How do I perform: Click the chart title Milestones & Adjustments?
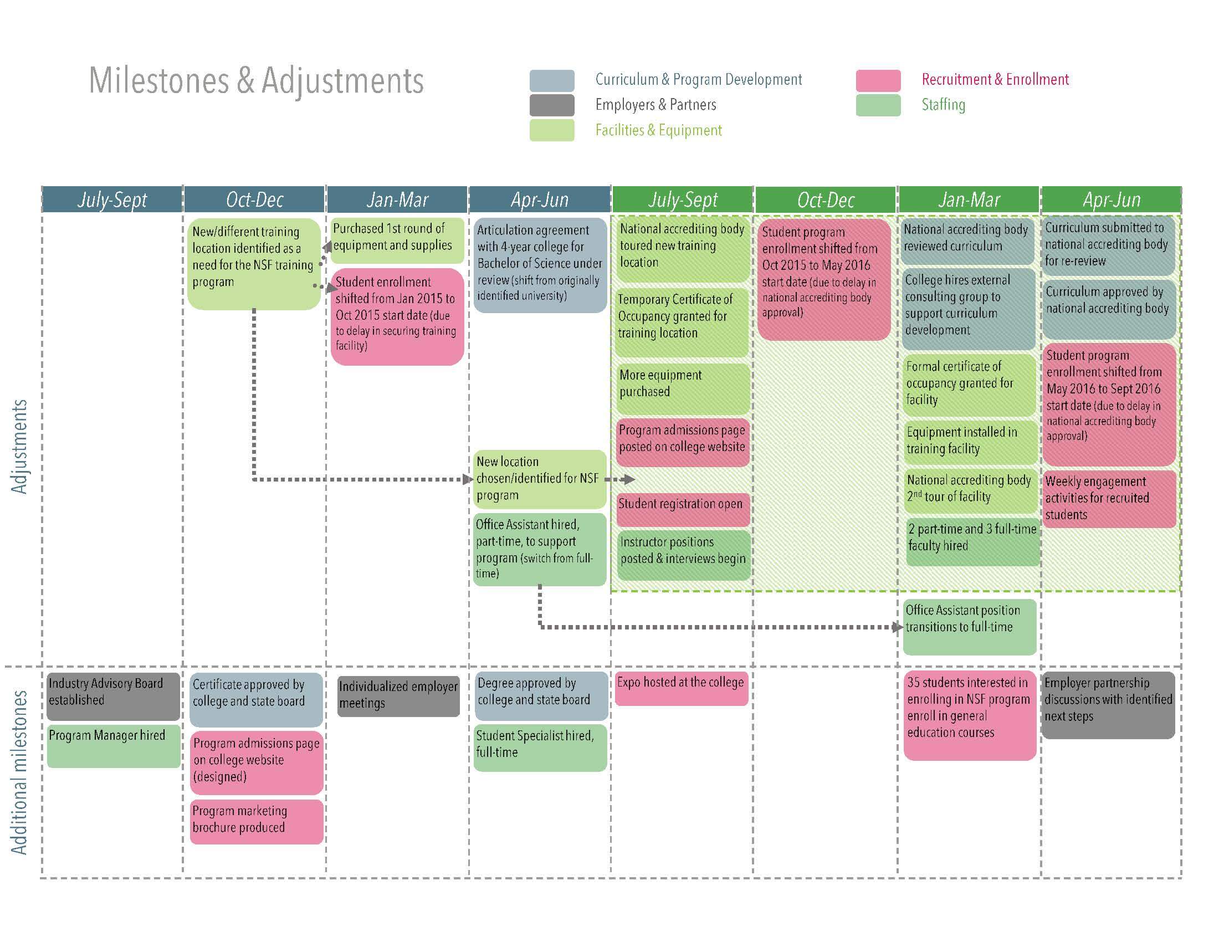[x=256, y=80]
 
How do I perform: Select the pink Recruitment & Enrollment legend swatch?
[x=878, y=80]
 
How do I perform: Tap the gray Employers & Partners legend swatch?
[x=551, y=105]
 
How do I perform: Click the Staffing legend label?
[x=943, y=105]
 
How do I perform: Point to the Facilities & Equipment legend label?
[x=658, y=130]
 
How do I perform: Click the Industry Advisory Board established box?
[x=112, y=695]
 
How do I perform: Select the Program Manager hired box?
[x=112, y=745]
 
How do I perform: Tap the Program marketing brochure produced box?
[x=256, y=820]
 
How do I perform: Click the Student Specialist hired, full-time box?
[x=540, y=747]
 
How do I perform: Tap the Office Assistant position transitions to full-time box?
[x=969, y=626]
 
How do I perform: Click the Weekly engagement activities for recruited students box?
[x=1109, y=498]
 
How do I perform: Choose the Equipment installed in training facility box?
[x=970, y=442]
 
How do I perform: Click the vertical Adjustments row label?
[x=19, y=447]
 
